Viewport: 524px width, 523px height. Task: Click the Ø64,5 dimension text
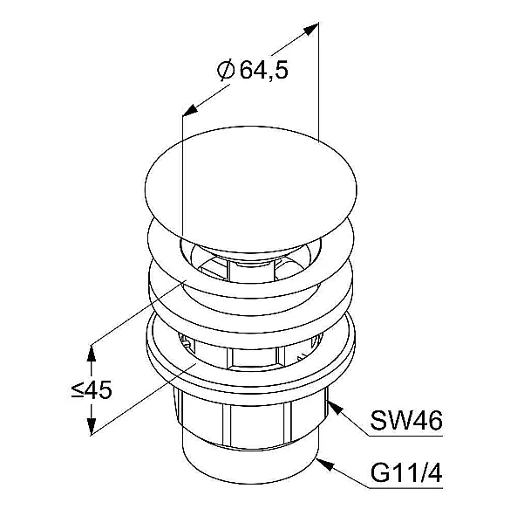pos(252,70)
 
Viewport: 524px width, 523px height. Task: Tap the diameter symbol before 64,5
pos(226,70)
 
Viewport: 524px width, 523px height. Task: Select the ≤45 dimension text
pos(92,389)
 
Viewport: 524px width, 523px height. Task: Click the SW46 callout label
pos(406,420)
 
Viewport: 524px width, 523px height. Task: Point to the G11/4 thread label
pos(406,473)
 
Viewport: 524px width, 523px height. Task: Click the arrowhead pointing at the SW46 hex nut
pos(336,408)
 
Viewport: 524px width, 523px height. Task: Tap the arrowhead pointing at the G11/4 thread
pos(325,465)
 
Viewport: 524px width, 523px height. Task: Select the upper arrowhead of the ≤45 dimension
pos(92,353)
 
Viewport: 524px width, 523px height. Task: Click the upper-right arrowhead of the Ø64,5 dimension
pos(310,29)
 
